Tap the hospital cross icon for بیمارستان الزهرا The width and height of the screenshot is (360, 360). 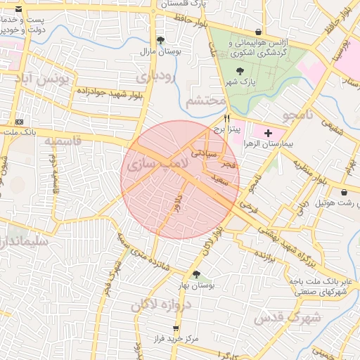pos(268,132)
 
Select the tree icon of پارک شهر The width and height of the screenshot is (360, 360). pos(241,71)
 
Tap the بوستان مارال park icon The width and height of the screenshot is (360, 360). pos(160,40)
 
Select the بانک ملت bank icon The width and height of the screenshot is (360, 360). pos(19,122)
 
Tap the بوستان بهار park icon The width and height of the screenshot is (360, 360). pos(196,274)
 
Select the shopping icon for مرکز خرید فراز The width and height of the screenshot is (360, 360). pos(176,328)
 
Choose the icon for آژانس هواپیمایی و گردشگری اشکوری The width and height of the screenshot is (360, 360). pos(259,32)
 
